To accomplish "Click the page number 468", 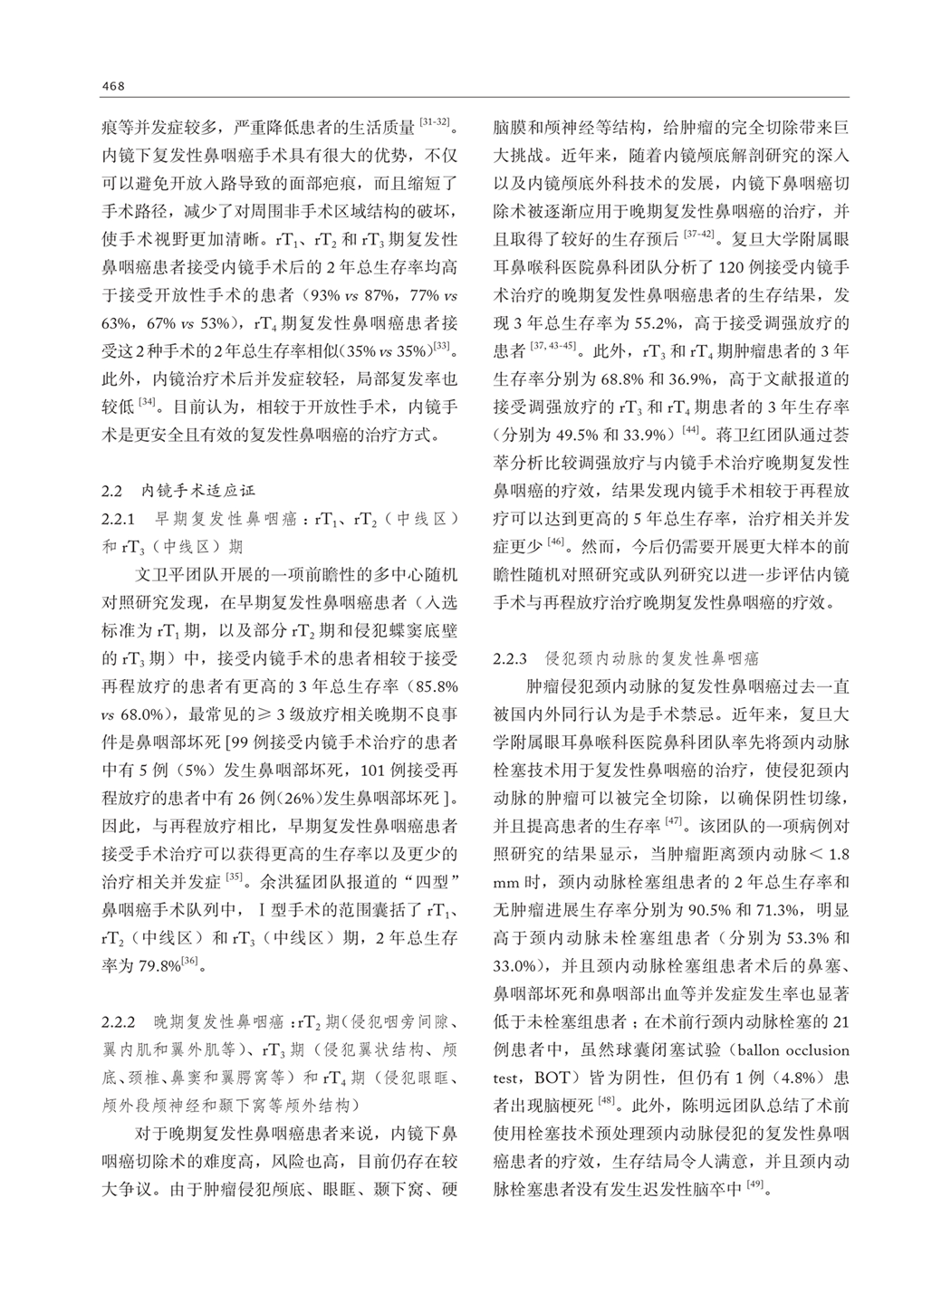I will tap(112, 86).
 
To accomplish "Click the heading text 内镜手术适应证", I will tap(197, 492).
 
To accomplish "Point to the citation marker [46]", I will tap(556, 542).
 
